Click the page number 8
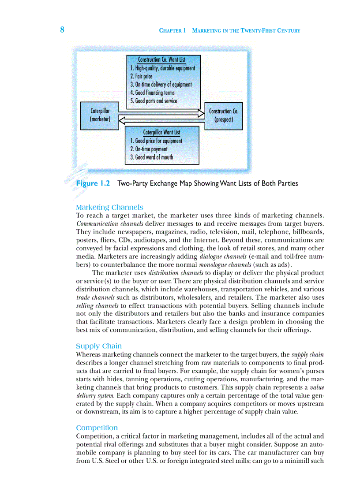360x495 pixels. tap(62, 30)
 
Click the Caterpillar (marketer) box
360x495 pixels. tap(100, 115)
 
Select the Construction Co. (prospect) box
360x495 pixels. tap(223, 115)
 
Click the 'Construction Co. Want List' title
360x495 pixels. tap(161, 60)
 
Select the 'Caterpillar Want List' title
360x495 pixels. tap(161, 132)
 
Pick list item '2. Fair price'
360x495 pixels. tap(142, 76)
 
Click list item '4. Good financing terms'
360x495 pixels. tap(152, 93)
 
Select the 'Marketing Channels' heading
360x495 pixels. tap(109, 207)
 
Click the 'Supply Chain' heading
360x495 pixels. tap(99, 346)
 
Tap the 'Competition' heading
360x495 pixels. tap(97, 428)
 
